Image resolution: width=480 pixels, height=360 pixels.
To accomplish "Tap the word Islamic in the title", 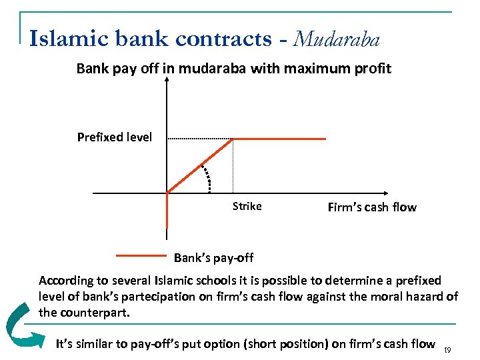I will (x=65, y=39).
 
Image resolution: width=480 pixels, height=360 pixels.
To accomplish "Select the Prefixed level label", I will (x=114, y=138).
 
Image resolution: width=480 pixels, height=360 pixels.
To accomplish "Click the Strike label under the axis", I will (x=247, y=207).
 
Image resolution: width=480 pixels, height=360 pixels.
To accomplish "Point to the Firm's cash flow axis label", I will (x=372, y=207).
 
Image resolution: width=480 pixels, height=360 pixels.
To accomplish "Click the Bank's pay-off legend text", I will (x=213, y=257).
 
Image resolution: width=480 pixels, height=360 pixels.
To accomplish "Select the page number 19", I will (x=447, y=349).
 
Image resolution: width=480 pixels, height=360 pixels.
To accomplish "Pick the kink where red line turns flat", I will (x=232, y=139).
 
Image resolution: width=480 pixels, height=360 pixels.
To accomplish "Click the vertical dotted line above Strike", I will (x=233, y=167).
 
